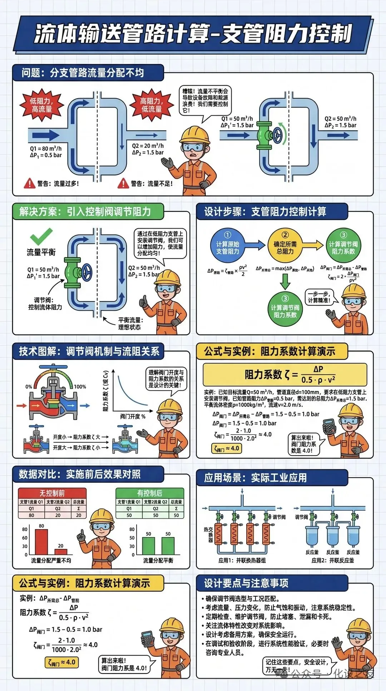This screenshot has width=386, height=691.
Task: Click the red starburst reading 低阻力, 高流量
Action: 42,105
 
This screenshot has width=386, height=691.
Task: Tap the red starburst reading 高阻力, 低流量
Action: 152,105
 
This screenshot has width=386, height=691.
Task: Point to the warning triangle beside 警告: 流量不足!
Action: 123,183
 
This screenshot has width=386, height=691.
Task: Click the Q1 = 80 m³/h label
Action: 45,149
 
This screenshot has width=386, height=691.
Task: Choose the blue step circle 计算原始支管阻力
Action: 228,245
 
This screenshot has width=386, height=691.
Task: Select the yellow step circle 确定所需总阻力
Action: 285,245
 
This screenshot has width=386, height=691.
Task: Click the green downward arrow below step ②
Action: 285,281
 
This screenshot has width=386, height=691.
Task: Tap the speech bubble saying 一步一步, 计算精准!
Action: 319,297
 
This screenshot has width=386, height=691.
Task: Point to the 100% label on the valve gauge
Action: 80,387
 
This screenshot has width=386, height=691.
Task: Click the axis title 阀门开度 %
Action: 133,416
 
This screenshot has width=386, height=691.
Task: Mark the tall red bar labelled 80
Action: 41,542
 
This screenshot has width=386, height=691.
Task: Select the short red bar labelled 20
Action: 61,552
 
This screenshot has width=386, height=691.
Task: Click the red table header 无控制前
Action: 52,493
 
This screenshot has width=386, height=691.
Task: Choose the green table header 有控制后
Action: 150,493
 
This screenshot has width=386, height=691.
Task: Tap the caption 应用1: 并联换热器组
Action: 242,560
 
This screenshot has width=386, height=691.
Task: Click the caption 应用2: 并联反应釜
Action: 333,560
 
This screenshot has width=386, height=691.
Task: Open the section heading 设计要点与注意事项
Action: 246,583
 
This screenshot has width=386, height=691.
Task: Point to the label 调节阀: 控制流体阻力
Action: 45,304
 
